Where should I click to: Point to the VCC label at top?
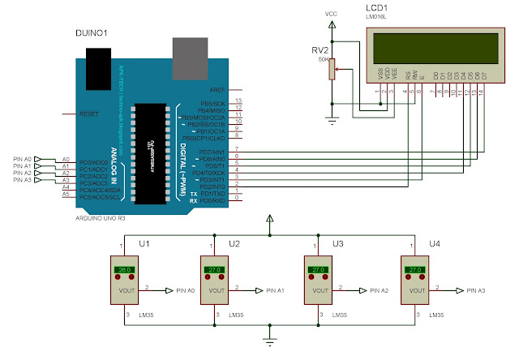(331, 14)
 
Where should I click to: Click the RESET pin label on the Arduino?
(89, 114)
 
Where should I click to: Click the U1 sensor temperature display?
(125, 269)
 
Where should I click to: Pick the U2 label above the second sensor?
(234, 242)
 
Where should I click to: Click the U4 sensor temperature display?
(416, 269)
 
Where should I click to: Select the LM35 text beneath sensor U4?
(436, 314)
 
